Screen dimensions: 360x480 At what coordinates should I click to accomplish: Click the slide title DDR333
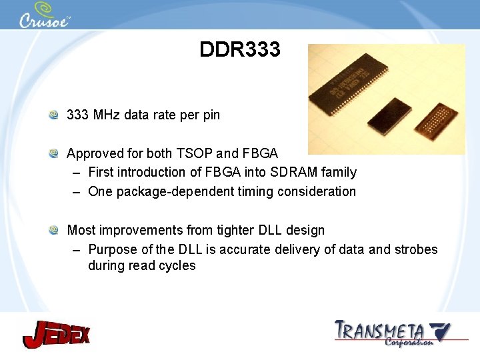click(240, 49)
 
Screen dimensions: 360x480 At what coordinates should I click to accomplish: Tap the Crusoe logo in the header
click(44, 16)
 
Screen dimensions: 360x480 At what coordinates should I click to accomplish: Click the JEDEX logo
click(56, 333)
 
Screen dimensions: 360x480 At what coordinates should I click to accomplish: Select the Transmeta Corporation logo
click(392, 333)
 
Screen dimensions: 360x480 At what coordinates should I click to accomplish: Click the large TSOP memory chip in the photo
click(346, 87)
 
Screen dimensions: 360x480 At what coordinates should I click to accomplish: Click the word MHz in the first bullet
click(107, 115)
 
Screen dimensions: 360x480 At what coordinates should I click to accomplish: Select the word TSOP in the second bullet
click(213, 153)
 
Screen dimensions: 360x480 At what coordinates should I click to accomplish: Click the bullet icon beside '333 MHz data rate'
click(54, 115)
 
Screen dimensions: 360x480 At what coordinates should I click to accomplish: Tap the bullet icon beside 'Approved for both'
click(54, 153)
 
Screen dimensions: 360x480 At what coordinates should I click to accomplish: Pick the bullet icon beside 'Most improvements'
click(54, 230)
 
